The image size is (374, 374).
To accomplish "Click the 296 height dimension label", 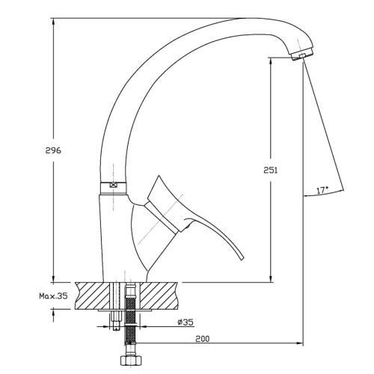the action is point(53,150).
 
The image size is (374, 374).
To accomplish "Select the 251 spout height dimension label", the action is point(271,171).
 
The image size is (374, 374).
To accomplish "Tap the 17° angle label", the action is point(322,190).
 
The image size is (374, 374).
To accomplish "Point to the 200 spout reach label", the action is point(203,339).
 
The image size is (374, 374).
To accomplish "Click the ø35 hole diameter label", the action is point(186,322).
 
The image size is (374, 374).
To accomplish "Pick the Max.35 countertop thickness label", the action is point(53,296).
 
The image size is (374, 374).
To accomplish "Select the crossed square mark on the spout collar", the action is point(113,186).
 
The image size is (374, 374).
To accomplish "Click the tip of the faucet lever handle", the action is point(242,259).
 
